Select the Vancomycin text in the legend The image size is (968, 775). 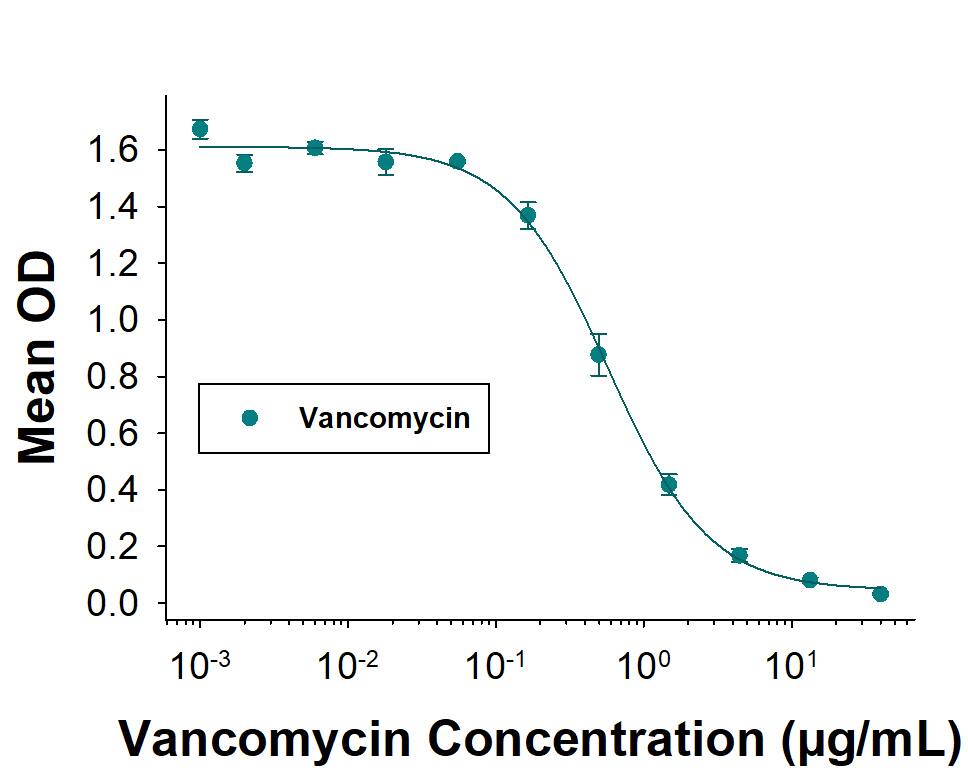pos(385,418)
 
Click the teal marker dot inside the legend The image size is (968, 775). pos(250,418)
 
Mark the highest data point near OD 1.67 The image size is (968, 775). pos(200,129)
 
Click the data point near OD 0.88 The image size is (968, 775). pos(598,354)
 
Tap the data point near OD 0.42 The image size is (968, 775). pos(669,485)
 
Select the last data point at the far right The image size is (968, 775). pos(880,594)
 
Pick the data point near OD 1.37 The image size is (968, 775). pos(528,215)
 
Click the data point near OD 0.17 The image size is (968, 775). pos(739,556)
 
